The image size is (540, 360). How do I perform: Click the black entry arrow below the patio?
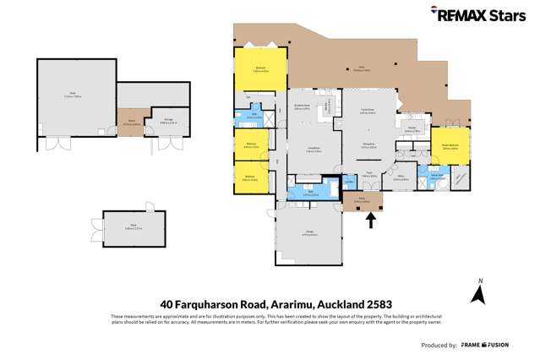click(x=369, y=221)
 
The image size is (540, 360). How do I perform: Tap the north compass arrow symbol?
click(x=478, y=293)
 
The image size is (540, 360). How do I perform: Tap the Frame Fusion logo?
click(x=508, y=345)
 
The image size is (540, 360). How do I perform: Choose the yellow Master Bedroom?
click(x=450, y=146)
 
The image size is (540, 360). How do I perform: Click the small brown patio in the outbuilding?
click(x=131, y=122)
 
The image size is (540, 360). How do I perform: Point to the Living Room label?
click(x=313, y=150)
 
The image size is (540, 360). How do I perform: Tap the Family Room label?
click(x=368, y=111)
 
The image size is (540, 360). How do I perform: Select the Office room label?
click(x=399, y=178)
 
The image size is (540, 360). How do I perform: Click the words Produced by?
click(x=439, y=346)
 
